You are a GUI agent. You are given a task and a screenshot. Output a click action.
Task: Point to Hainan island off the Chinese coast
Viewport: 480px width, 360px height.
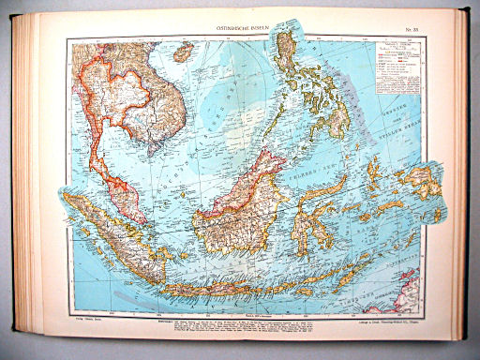[x=182, y=52]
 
